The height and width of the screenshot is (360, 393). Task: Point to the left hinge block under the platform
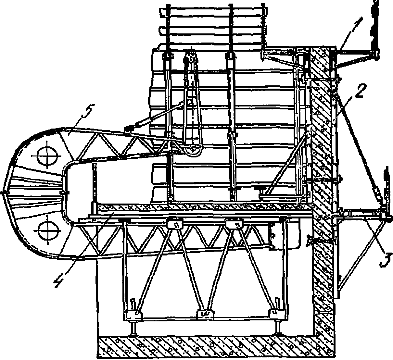175,224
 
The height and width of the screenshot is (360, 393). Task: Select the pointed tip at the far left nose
4,192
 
